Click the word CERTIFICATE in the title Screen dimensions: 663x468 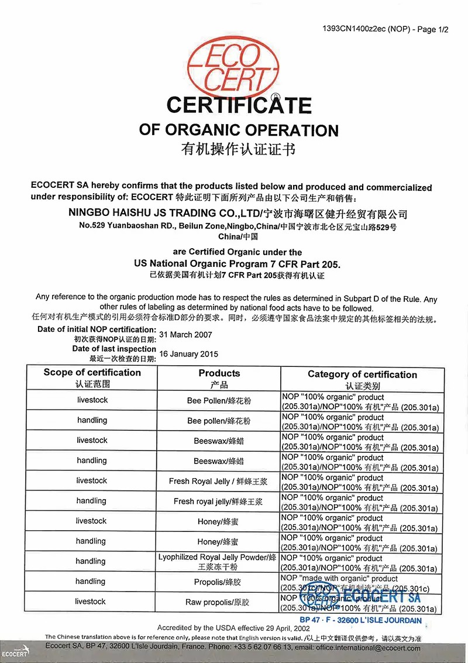(x=239, y=105)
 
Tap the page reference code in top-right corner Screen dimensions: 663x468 (x=386, y=29)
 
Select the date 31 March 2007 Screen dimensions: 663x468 (x=185, y=335)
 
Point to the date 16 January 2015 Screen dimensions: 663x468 (x=188, y=354)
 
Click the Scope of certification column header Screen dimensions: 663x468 (x=92, y=373)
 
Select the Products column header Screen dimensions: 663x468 (x=219, y=373)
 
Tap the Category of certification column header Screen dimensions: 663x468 (x=362, y=375)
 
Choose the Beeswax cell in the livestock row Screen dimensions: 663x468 (x=219, y=441)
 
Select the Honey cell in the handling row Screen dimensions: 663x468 (x=219, y=541)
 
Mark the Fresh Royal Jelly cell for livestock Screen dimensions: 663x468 (x=219, y=481)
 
